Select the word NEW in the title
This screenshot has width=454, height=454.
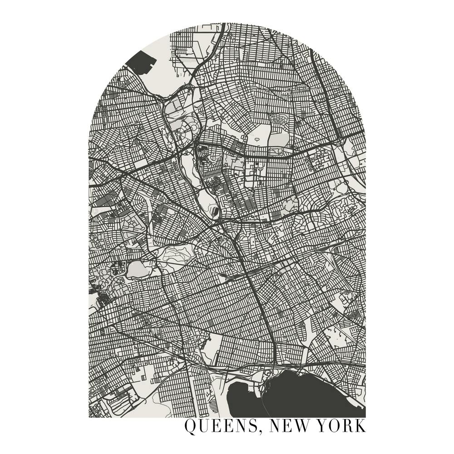pos(291,427)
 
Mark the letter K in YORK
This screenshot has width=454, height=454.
pos(360,427)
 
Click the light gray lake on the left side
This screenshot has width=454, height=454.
pos(136,270)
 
